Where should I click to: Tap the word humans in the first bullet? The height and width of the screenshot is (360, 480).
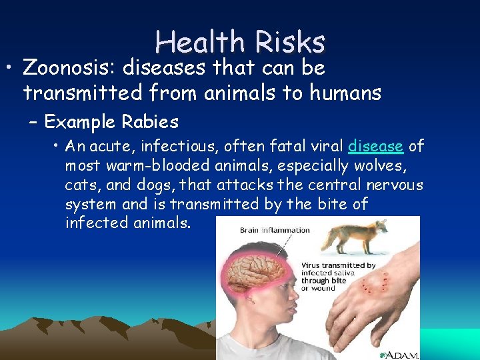click(x=345, y=93)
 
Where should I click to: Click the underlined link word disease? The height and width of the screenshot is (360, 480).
click(x=375, y=147)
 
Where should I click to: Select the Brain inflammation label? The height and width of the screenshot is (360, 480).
click(x=275, y=231)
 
